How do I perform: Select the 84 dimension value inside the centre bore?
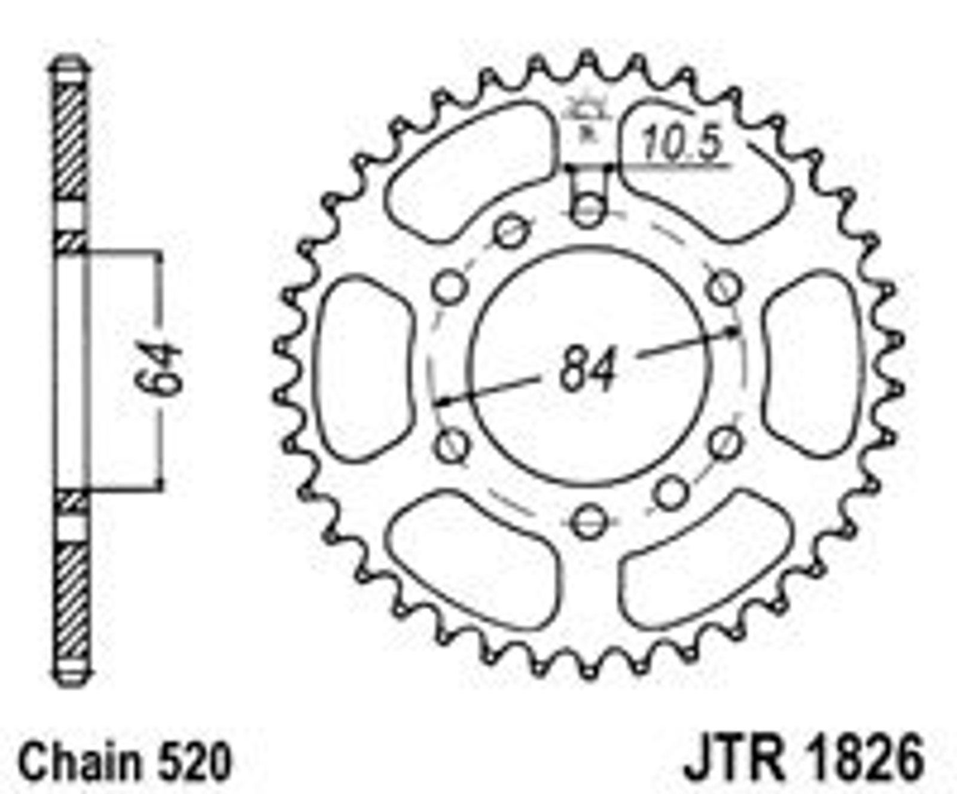588,370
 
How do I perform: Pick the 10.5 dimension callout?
681,145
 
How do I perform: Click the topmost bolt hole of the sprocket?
588,210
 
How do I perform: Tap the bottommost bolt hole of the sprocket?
589,521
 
